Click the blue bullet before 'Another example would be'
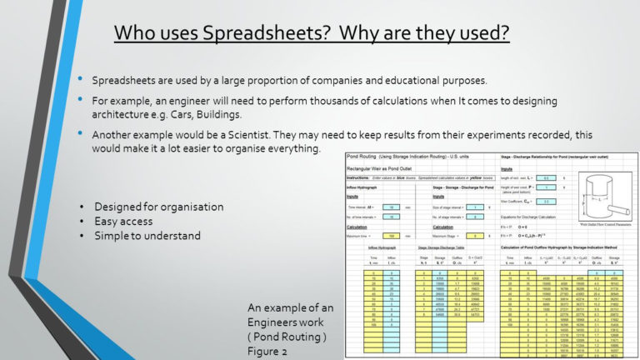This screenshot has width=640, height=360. pos(80,133)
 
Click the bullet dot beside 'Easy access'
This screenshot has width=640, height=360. pos(82,221)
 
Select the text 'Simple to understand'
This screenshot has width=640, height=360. pos(147,236)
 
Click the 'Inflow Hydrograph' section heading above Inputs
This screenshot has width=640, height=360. pos(367,187)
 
